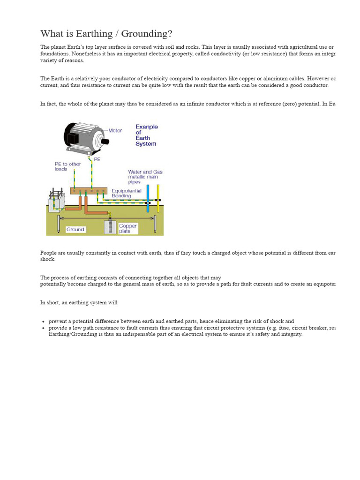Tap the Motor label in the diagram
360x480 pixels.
coord(115,130)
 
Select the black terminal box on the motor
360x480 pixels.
coord(73,138)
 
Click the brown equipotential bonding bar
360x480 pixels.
coord(90,191)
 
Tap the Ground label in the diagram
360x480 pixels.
coord(75,229)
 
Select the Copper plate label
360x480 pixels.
coord(127,228)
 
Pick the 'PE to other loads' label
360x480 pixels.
coord(67,166)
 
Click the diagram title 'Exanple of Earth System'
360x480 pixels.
coord(146,135)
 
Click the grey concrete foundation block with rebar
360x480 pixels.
coord(57,203)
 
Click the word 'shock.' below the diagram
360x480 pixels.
coord(48,259)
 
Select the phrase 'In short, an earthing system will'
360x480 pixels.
coord(79,303)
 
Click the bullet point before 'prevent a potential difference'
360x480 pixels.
coord(43,322)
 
